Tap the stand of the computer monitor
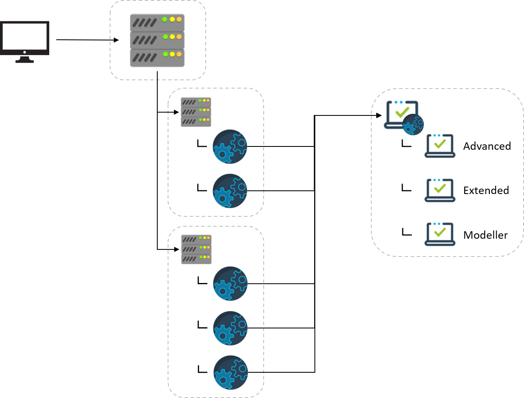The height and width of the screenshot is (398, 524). (25, 60)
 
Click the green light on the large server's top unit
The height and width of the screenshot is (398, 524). (165, 19)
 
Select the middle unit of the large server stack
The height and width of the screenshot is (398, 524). (157, 40)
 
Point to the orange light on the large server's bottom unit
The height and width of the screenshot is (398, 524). (179, 54)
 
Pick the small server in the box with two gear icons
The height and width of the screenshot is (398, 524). (196, 112)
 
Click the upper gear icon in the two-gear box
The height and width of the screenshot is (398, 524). (230, 146)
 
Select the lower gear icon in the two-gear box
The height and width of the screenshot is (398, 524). (230, 191)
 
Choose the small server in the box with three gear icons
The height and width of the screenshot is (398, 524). (196, 249)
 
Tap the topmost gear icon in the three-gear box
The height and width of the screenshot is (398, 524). (230, 283)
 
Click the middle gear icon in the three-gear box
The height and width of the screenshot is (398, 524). (230, 328)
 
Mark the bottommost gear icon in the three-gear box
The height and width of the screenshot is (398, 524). (231, 372)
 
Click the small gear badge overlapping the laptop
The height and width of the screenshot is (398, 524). (413, 125)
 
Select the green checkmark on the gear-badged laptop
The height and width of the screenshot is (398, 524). (401, 112)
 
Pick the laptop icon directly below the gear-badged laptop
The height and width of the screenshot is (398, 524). (440, 146)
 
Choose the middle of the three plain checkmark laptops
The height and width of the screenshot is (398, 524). (440, 191)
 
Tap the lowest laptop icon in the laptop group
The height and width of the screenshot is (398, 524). (440, 235)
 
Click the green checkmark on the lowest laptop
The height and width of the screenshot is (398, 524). (440, 231)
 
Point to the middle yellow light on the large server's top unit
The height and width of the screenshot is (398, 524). (172, 19)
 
